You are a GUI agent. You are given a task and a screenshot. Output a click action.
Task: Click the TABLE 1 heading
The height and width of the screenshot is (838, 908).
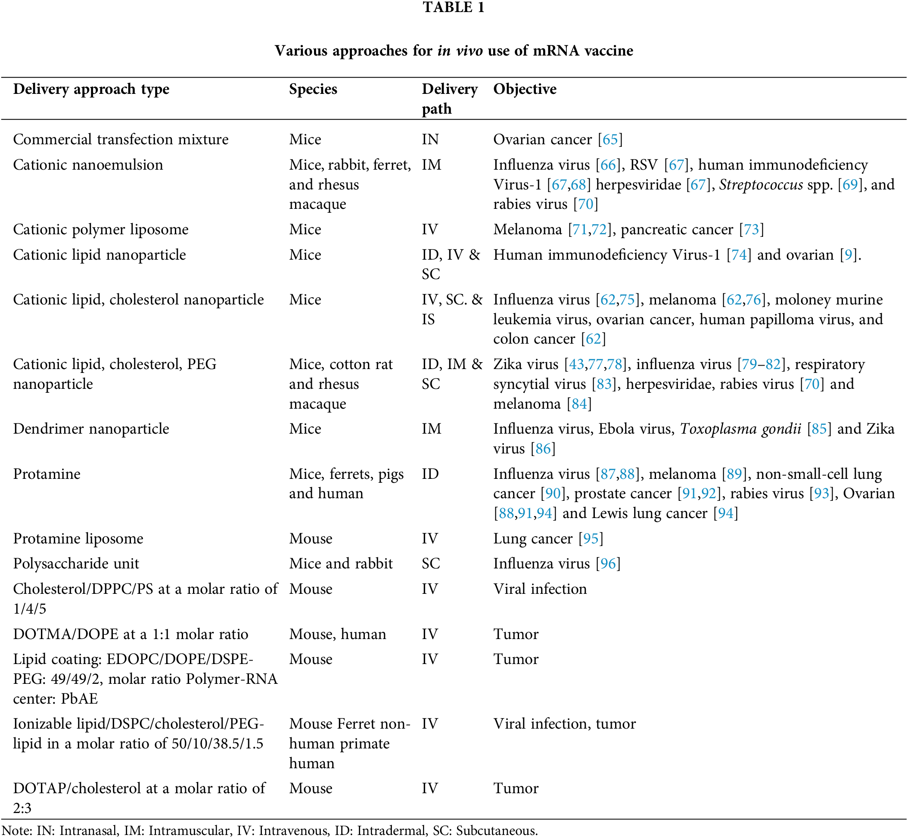pyautogui.click(x=454, y=8)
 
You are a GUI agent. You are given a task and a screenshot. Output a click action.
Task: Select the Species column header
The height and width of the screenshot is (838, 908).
pyautogui.click(x=313, y=89)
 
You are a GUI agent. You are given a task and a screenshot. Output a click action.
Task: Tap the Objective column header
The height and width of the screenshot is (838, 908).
pyautogui.click(x=525, y=89)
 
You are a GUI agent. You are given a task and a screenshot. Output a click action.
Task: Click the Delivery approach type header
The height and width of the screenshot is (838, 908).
pyautogui.click(x=91, y=89)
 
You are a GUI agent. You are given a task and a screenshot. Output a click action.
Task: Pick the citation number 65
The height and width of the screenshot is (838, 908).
pyautogui.click(x=610, y=139)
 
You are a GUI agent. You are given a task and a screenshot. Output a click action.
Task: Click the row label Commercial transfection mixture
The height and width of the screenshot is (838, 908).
pyautogui.click(x=121, y=139)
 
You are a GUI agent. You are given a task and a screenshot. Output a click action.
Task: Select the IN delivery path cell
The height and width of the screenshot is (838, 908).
pyautogui.click(x=430, y=139)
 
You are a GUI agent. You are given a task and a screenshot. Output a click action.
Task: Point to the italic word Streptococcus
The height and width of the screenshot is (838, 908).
pyautogui.click(x=761, y=185)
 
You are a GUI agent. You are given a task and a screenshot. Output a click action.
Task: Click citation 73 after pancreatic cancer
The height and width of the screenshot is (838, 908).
pyautogui.click(x=752, y=230)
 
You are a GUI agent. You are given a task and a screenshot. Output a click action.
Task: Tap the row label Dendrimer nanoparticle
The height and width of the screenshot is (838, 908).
pyautogui.click(x=91, y=428)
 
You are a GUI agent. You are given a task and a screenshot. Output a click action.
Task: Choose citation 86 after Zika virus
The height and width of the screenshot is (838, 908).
pyautogui.click(x=543, y=448)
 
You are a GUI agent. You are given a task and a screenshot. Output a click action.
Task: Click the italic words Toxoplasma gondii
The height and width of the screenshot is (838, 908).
pyautogui.click(x=740, y=428)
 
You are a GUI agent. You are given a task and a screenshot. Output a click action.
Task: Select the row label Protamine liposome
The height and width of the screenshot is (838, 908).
pyautogui.click(x=78, y=538)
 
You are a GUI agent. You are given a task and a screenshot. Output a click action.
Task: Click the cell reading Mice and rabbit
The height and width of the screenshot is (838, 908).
pyautogui.click(x=341, y=563)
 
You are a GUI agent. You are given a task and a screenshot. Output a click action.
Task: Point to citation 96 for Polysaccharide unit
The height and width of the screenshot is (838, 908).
pyautogui.click(x=608, y=563)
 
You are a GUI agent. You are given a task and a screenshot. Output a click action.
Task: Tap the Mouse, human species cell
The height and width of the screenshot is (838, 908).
pyautogui.click(x=337, y=634)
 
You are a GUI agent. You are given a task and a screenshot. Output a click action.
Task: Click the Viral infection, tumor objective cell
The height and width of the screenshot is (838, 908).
pyautogui.click(x=565, y=724)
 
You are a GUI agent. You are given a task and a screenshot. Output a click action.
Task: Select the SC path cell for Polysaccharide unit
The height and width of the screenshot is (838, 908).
pyautogui.click(x=430, y=563)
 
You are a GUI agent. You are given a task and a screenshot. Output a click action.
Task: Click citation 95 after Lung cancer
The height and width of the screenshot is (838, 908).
pyautogui.click(x=591, y=538)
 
